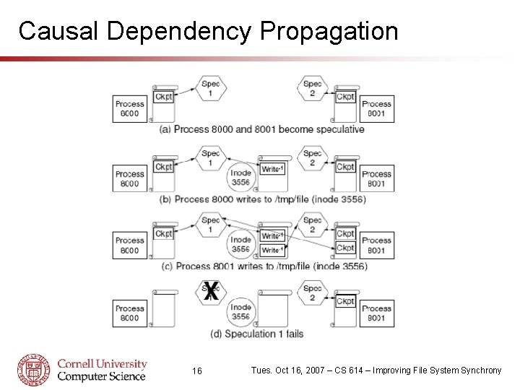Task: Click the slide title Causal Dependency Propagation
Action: pos(208,31)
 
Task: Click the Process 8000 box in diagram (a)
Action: pos(130,108)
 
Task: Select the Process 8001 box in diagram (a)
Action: pos(377,108)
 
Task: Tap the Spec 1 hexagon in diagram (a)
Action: pos(211,89)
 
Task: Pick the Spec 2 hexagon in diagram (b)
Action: pos(313,158)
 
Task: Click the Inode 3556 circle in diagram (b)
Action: pos(241,178)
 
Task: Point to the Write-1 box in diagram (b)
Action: pos(272,169)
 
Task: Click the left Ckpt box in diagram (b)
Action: pos(164,167)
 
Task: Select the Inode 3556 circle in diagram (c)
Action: pos(241,244)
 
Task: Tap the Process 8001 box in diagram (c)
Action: pos(377,245)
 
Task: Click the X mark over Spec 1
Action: pos(210,292)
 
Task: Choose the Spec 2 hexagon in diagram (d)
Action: pos(313,292)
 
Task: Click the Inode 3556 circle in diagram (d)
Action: pos(241,311)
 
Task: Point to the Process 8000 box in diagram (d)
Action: pos(130,313)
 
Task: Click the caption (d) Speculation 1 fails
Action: pos(257,334)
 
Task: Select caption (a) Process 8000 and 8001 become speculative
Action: pos(262,129)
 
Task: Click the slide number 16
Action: pos(197,370)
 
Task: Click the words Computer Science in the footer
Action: pos(101,376)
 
